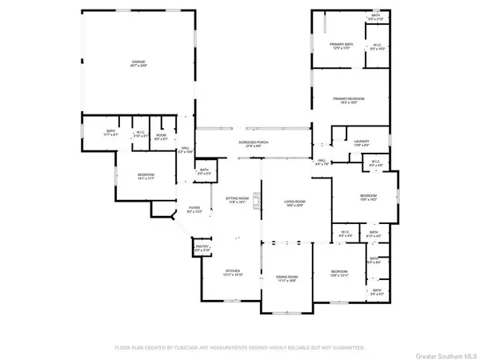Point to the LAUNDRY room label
(x=361, y=141)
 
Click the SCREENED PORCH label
(x=253, y=142)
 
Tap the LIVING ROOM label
(x=290, y=202)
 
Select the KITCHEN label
(x=232, y=271)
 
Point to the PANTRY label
(x=200, y=249)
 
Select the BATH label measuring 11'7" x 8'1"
(x=111, y=132)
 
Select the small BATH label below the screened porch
(x=204, y=170)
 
